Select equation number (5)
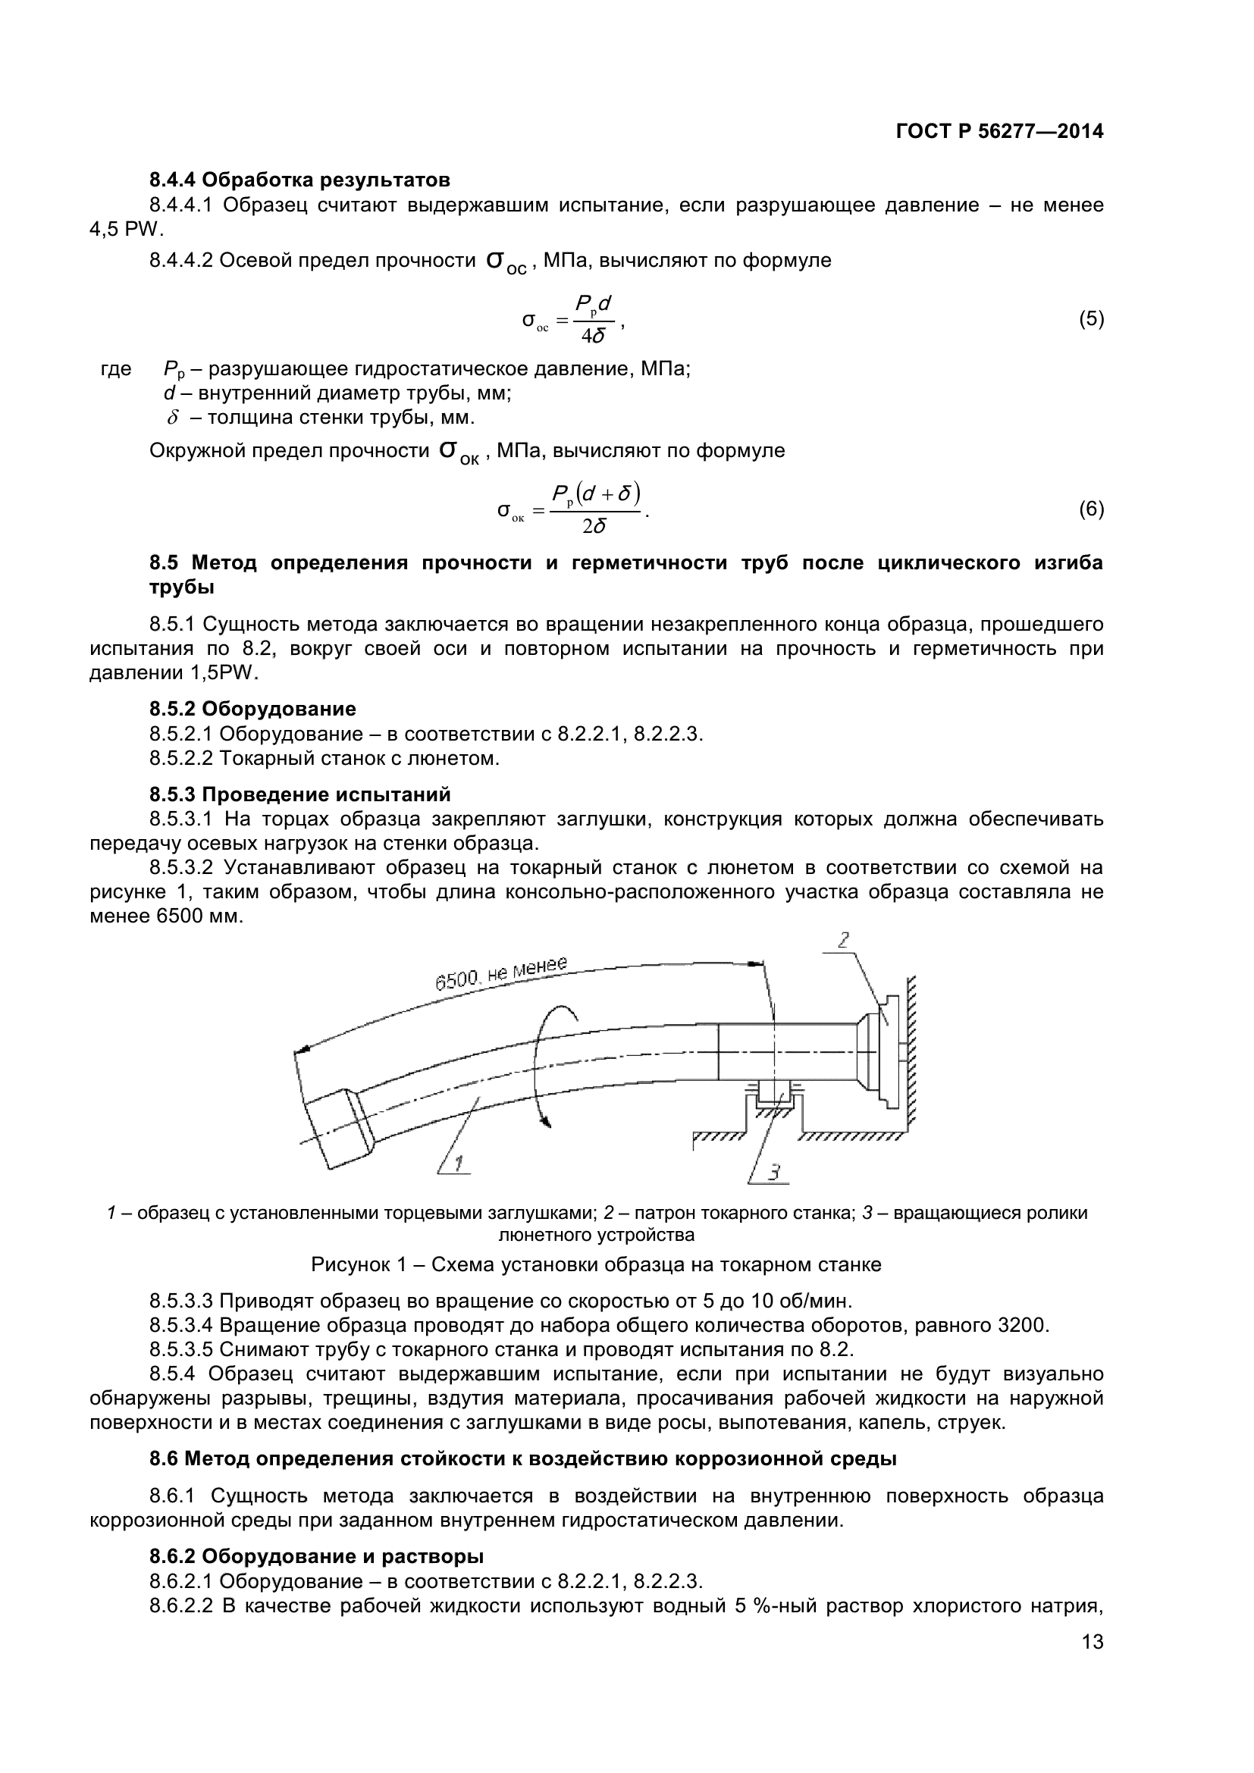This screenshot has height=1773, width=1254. [1091, 319]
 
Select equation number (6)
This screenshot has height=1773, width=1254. [1091, 509]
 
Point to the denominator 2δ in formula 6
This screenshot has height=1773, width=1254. [594, 527]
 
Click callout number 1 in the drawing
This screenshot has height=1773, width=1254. [457, 1163]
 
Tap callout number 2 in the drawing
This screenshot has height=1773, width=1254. [843, 940]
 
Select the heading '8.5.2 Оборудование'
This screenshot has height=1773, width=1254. [252, 709]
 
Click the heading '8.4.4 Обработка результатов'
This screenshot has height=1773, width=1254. [299, 180]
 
